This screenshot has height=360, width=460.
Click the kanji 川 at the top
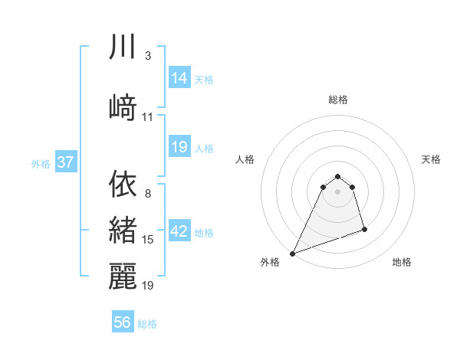[x=123, y=47]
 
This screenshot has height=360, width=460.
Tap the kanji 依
[x=123, y=183]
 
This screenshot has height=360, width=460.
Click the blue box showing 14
[x=179, y=78]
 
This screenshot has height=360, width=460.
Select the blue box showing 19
[x=179, y=147]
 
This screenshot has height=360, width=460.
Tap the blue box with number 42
[x=179, y=232]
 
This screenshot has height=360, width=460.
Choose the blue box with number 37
[x=65, y=162]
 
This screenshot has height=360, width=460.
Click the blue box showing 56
[x=123, y=322]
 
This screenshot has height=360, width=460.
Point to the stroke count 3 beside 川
[x=148, y=56]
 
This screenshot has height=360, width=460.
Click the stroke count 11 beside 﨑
[x=148, y=117]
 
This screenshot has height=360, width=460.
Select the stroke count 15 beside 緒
[x=148, y=240]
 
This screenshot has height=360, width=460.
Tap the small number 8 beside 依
[x=148, y=194]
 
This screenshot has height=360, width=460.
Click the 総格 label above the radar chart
[x=338, y=100]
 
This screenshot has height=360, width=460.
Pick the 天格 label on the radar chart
[x=431, y=159]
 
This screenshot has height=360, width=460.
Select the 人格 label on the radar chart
[x=245, y=159]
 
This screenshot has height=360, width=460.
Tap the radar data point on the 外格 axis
[x=292, y=253]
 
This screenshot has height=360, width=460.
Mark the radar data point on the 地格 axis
[x=364, y=229]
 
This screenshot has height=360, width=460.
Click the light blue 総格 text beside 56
[x=148, y=324]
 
